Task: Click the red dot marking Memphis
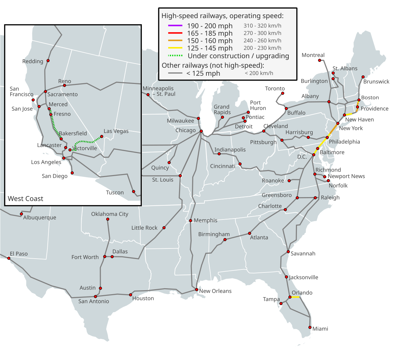(191, 220)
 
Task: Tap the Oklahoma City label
(110, 214)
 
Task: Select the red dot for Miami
(310, 327)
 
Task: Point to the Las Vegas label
(116, 131)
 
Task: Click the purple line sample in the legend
(175, 26)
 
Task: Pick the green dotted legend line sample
(175, 56)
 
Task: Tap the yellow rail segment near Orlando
(295, 297)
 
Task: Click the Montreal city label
(313, 55)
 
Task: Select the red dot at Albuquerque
(21, 214)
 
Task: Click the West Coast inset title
(26, 198)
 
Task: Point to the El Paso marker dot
(9, 258)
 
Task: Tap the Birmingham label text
(214, 234)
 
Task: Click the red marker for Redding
(48, 61)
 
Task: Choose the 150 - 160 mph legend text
(210, 41)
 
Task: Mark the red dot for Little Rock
(164, 228)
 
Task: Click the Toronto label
(275, 89)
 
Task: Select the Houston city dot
(131, 295)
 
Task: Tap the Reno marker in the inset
(65, 86)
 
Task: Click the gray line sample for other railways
(175, 73)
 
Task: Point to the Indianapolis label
(230, 150)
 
